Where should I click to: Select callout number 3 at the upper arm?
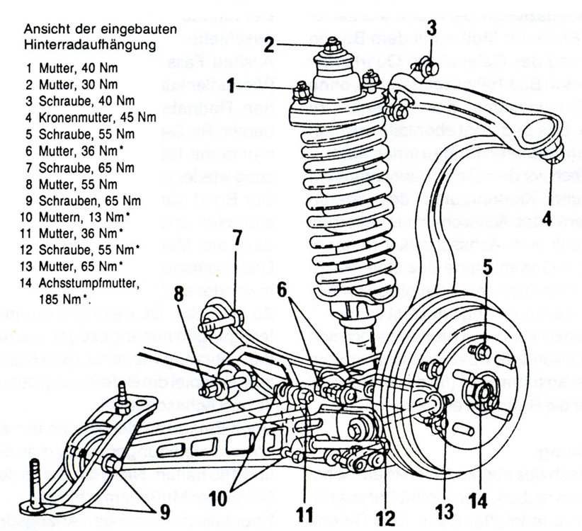[x=431, y=30]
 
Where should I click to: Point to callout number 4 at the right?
[x=546, y=219]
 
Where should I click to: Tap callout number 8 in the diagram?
[x=178, y=292]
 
